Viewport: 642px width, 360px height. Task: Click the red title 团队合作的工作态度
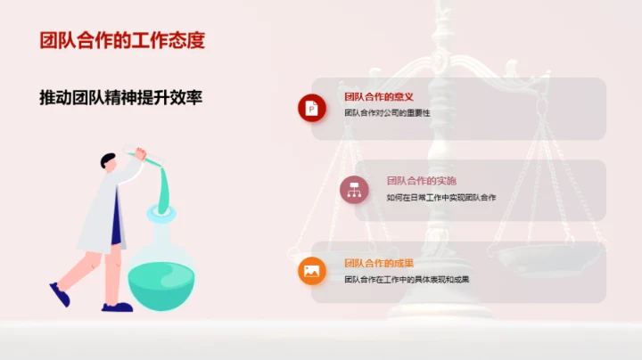(122, 41)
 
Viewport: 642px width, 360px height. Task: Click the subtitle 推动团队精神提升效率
(121, 97)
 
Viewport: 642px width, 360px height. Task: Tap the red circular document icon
(311, 108)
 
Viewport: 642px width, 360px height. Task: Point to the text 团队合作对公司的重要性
(387, 113)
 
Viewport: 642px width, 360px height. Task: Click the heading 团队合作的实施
(422, 179)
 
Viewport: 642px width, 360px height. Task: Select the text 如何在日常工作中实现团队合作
(440, 197)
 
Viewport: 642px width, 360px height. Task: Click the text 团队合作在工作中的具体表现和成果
(407, 279)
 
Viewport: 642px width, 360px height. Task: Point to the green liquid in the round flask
(160, 282)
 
